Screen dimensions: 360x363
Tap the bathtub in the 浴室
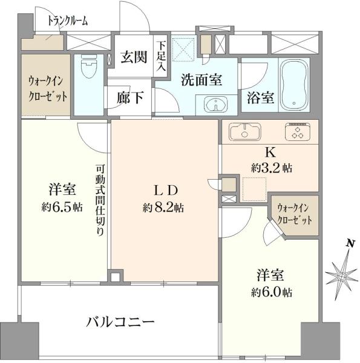click(295, 86)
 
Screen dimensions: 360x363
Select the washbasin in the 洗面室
click(215, 105)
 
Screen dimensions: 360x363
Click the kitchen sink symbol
click(245, 131)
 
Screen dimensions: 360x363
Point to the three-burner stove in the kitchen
click(298, 132)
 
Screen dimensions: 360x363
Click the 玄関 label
click(134, 57)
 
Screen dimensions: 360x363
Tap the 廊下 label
click(129, 97)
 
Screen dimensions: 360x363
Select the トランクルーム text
click(68, 21)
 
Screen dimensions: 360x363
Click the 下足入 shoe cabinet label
click(162, 56)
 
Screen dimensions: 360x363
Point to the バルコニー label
click(120, 322)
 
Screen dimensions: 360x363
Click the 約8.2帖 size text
click(163, 208)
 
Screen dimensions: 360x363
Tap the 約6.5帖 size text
click(62, 206)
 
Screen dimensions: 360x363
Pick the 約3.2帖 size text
click(272, 168)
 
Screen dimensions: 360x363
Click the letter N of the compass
click(350, 243)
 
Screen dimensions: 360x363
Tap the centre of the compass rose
click(341, 276)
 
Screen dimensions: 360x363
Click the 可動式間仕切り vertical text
click(100, 200)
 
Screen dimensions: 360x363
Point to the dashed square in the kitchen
click(254, 189)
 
